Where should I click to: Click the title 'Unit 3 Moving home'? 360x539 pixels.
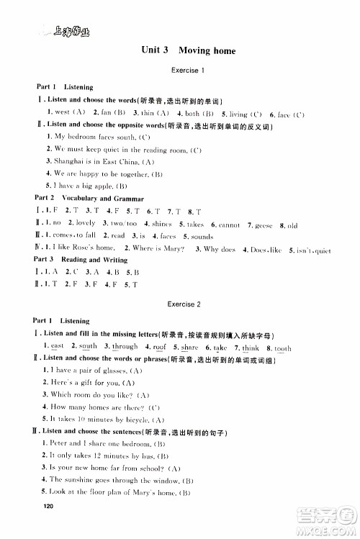(189, 50)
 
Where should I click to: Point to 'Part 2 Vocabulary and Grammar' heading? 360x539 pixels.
(89, 198)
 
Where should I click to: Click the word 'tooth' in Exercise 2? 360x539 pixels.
(283, 348)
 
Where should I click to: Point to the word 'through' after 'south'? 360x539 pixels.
(124, 348)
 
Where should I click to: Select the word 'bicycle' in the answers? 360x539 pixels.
(133, 419)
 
